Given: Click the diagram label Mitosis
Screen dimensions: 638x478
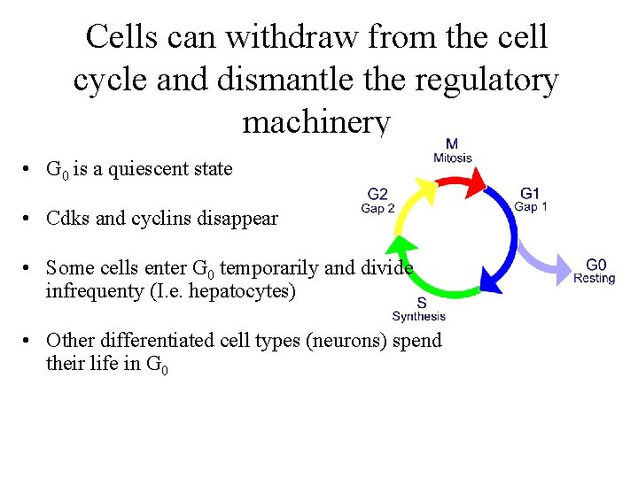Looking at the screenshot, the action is [x=452, y=158].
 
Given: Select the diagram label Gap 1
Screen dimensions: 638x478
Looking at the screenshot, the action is [x=531, y=206].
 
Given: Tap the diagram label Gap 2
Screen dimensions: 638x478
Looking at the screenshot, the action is [x=377, y=208].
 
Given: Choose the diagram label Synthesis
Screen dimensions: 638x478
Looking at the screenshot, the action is [x=419, y=316].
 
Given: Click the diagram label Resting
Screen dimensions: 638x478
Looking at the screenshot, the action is [x=594, y=278].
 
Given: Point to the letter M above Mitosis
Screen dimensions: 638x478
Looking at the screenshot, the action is [x=452, y=144].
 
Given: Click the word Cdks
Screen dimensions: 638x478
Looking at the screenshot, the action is [x=67, y=218].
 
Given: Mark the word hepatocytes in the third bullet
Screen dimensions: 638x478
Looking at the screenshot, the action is [x=243, y=290].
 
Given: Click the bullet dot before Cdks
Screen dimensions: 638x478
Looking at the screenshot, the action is [x=29, y=219].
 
